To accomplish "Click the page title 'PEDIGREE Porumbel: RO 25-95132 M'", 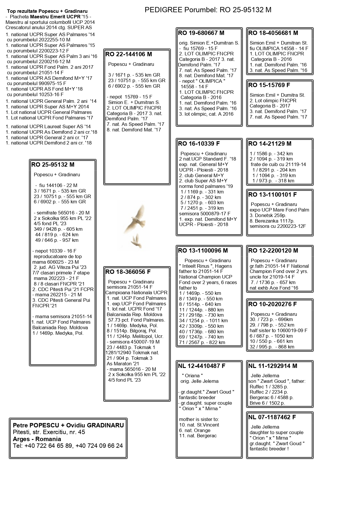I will [208, 10].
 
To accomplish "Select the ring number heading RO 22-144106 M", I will [129, 54].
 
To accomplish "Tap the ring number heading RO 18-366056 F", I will [128, 272].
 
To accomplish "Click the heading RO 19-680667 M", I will [201, 33].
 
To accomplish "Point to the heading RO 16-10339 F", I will [199, 144].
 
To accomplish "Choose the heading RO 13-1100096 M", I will [203, 251].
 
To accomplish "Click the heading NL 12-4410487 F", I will [202, 366].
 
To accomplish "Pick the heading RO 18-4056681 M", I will [273, 33].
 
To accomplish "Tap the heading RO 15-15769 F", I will [269, 85].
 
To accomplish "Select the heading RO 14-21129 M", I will [270, 144].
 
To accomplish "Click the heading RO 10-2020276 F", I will [272, 304].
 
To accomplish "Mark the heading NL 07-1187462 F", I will [272, 417].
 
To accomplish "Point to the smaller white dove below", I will [135, 240].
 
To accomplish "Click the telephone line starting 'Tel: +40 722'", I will [68, 446].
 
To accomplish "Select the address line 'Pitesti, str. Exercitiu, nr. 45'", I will [49, 432].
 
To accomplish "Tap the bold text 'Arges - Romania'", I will [37, 439].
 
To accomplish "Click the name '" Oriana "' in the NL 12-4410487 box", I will [192, 376].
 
